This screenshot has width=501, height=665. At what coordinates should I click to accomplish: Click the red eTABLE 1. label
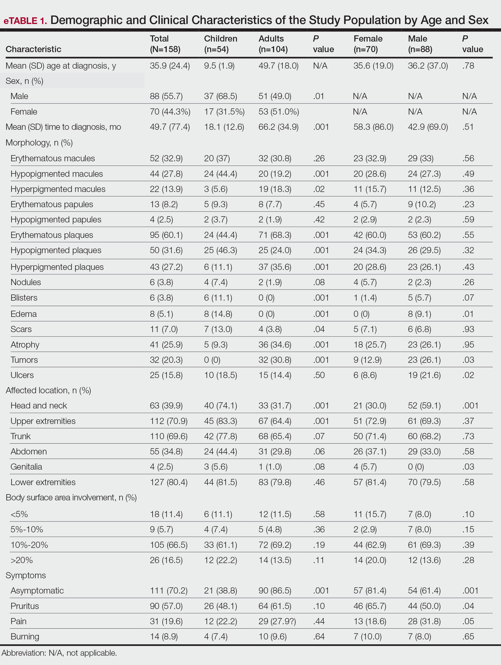tap(25, 20)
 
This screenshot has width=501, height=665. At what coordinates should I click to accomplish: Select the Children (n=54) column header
tap(220, 44)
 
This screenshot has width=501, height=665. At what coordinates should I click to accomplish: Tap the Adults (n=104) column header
tap(273, 44)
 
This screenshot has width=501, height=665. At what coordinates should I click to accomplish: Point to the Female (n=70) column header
tap(368, 44)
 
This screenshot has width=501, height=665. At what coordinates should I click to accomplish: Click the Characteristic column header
tap(33, 49)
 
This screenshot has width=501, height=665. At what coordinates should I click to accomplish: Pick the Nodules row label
tap(26, 282)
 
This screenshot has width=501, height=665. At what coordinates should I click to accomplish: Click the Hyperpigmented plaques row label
tap(57, 267)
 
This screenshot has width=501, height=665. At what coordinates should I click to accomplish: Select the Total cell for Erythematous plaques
tap(166, 235)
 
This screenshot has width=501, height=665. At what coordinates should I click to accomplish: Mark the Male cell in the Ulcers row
tap(424, 375)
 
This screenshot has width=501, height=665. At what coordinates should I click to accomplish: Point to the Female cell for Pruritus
tap(370, 606)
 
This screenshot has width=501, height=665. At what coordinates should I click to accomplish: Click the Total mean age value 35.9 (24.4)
tap(170, 66)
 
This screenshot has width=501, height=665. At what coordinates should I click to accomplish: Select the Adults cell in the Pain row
tap(277, 621)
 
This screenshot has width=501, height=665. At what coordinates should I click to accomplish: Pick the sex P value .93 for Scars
tap(468, 329)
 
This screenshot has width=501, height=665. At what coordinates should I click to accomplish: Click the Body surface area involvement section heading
tap(71, 498)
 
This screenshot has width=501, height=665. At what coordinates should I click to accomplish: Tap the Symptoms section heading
tap(26, 575)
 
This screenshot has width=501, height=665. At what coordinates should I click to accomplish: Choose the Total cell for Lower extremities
tap(169, 482)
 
